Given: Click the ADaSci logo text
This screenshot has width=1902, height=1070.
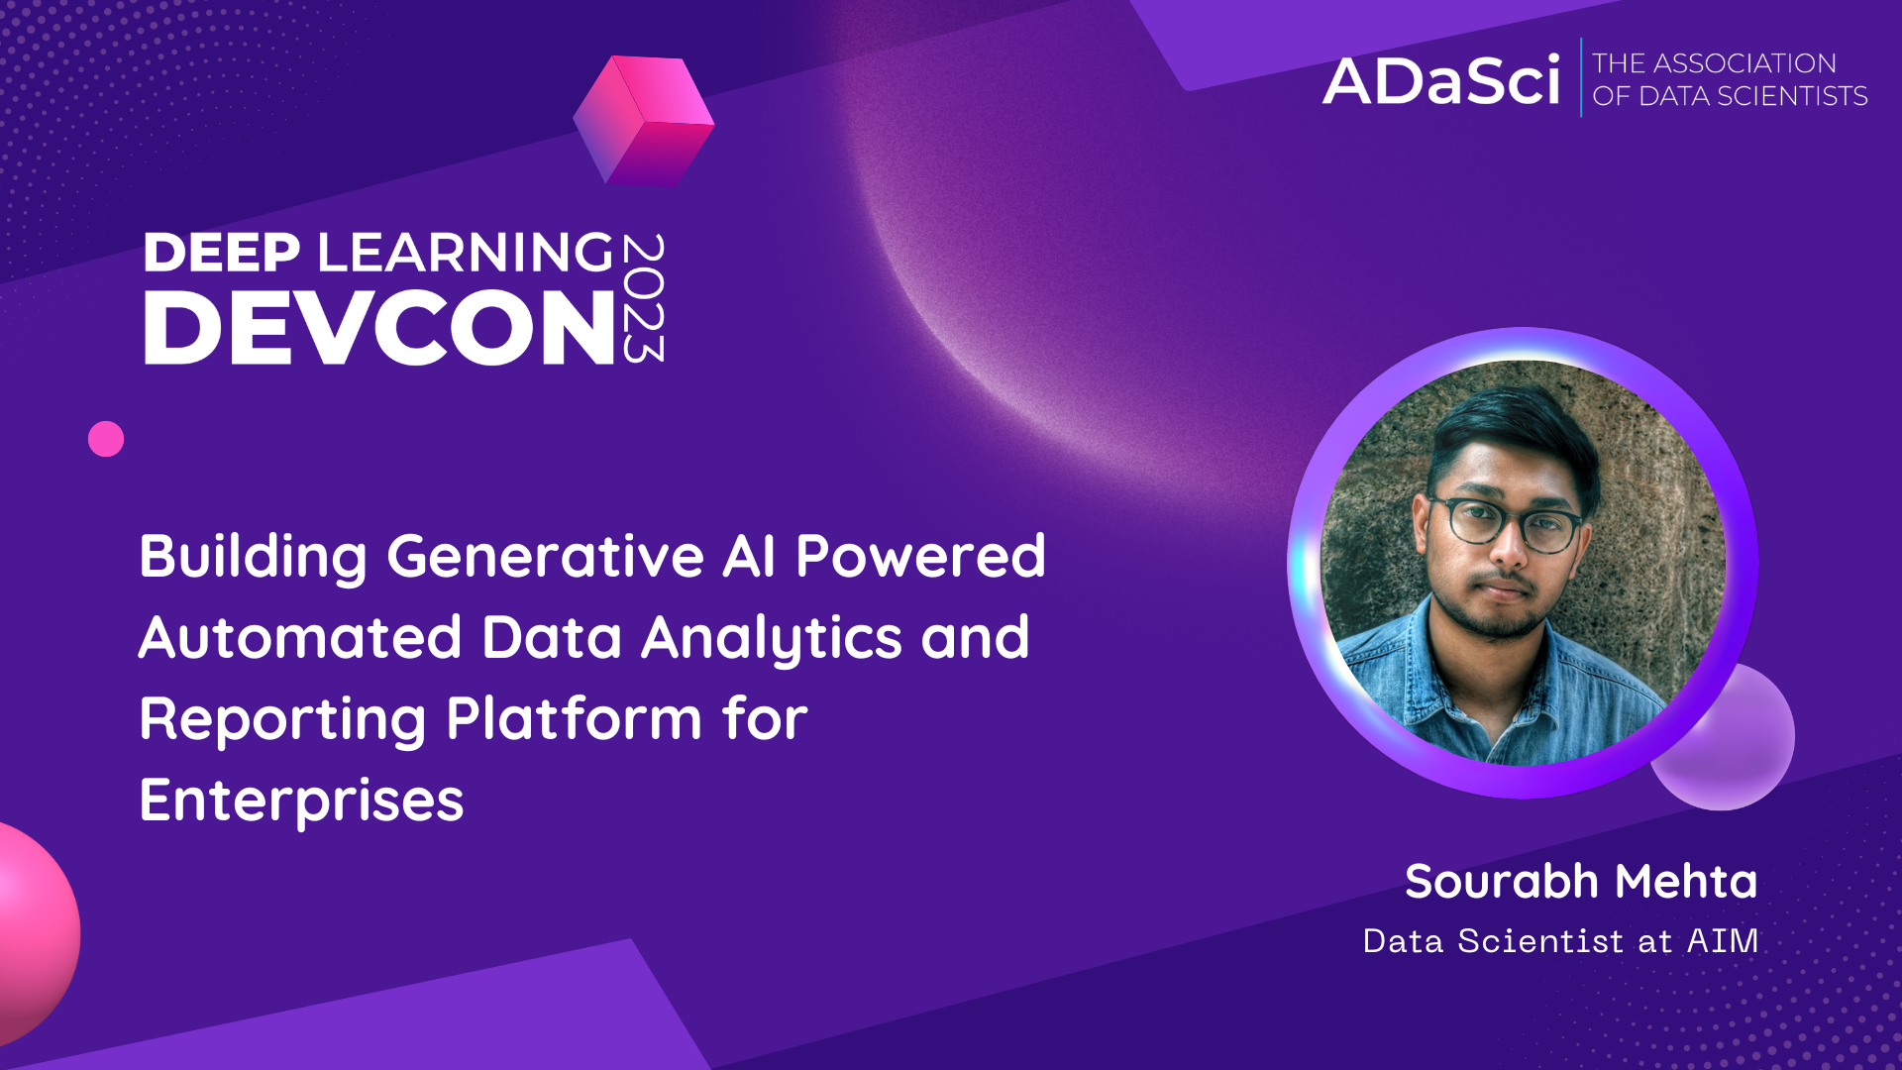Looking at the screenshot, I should coord(1441,81).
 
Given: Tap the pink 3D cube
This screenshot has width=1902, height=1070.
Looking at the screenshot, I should coord(644,121).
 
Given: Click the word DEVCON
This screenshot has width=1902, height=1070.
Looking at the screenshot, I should coord(379,328).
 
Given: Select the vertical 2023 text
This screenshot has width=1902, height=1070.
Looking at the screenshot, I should coord(644,298).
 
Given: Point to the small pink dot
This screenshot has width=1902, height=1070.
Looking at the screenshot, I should coord(106,439).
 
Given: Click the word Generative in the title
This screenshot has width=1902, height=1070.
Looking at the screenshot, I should coord(545,557).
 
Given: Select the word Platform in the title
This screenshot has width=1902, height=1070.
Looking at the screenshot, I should coord(575,719).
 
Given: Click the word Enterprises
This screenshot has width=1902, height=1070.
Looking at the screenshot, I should coord(301,801).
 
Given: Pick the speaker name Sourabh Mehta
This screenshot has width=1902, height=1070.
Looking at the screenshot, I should coord(1581,882).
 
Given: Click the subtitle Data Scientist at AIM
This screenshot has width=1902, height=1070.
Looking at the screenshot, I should coord(1560,941).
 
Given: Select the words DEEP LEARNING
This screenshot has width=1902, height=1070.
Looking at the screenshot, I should coord(379,253).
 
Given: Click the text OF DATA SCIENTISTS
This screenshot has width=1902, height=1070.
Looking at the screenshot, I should coord(1730,96).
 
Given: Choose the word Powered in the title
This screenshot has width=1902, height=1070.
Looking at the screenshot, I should coord(920,557).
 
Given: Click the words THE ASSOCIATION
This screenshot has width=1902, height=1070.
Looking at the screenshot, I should coord(1715,63).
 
